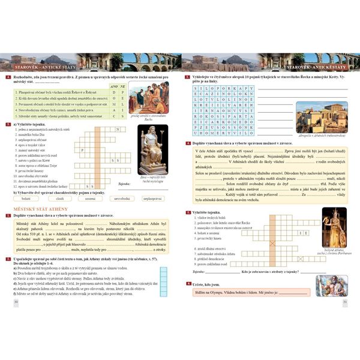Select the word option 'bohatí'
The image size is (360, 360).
[26, 197]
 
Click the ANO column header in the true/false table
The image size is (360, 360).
[114, 86]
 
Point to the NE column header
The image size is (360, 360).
[123, 86]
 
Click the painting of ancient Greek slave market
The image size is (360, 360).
[149, 95]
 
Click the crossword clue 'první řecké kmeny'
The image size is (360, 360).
[35, 170]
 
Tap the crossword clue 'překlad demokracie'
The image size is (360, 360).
[208, 259]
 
